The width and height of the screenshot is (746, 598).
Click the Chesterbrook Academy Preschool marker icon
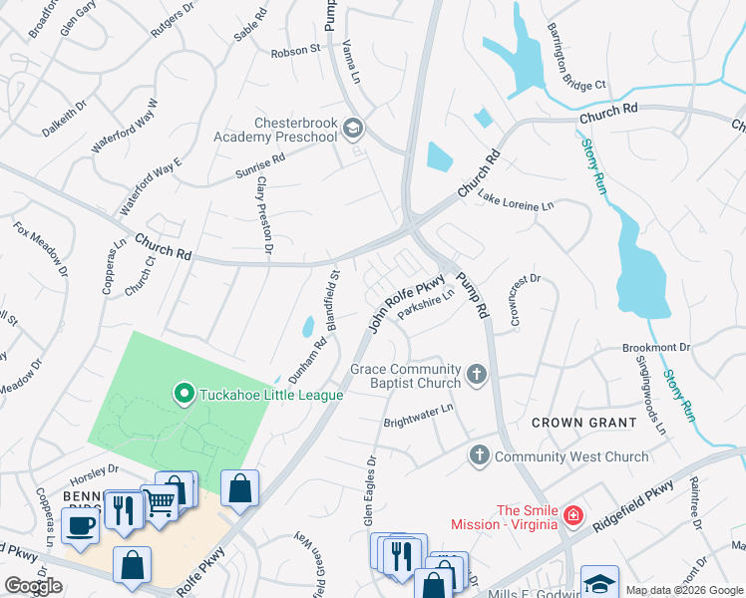[x=353, y=129]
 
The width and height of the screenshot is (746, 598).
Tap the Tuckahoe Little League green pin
[x=183, y=395]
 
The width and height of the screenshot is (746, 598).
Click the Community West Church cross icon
[x=479, y=456]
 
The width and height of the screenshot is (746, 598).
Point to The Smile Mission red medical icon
[x=572, y=515]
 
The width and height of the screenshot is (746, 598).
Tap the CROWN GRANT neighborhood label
[x=583, y=423]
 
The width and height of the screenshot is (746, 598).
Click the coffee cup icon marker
[x=80, y=524]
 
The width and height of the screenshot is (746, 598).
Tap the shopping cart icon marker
[x=160, y=503]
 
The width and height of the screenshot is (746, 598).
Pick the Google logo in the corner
[x=34, y=586]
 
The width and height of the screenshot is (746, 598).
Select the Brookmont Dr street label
[x=655, y=347]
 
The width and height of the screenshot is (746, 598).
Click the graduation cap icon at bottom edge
[x=599, y=583]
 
